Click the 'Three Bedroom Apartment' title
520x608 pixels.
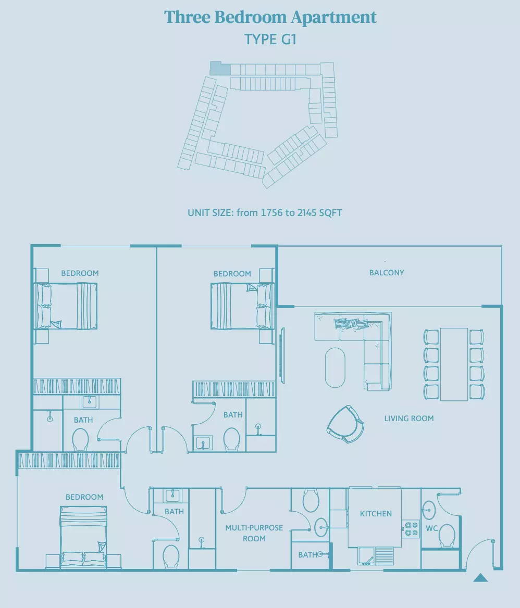(x=270, y=18)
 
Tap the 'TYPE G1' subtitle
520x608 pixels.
(x=270, y=40)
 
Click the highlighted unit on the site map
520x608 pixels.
(x=220, y=68)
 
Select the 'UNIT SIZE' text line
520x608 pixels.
(x=265, y=213)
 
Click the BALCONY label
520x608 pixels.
(x=387, y=273)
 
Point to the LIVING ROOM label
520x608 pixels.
(x=409, y=419)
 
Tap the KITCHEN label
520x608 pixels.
(x=376, y=514)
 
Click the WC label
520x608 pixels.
(x=431, y=528)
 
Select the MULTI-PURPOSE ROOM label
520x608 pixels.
(x=254, y=533)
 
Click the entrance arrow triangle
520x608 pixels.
(x=480, y=578)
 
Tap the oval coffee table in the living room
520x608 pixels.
(x=335, y=368)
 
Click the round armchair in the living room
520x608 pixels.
(x=346, y=424)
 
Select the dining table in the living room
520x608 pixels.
(x=454, y=364)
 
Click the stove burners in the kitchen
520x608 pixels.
(x=411, y=529)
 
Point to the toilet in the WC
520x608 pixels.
(x=447, y=536)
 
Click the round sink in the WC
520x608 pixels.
(x=429, y=510)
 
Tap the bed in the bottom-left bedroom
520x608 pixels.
(x=83, y=537)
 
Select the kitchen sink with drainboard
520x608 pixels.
(x=375, y=555)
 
